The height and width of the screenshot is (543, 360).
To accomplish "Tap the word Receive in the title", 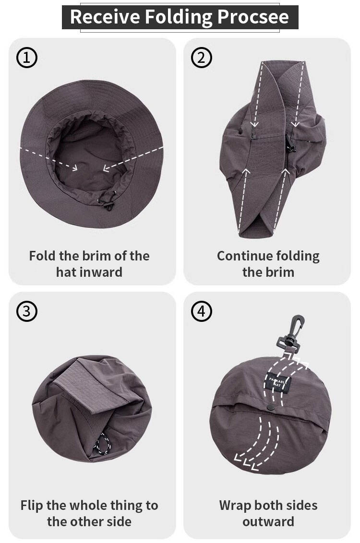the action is coord(105,16).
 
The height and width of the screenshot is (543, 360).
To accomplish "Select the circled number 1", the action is coord(27,58).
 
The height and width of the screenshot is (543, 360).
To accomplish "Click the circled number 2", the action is coord(201,58).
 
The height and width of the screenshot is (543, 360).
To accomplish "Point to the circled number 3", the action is coord(27,311).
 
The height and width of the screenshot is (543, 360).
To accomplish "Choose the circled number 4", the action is coord(201,311).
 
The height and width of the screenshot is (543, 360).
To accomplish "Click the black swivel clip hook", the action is coord(291,335).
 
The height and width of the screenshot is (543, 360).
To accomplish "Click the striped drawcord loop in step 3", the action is coord(102,444).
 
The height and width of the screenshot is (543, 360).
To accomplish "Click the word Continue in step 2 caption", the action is coord(241,256).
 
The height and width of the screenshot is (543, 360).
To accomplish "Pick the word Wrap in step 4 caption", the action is coord(235,506).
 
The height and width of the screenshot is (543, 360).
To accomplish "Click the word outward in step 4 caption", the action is coord(268,521).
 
